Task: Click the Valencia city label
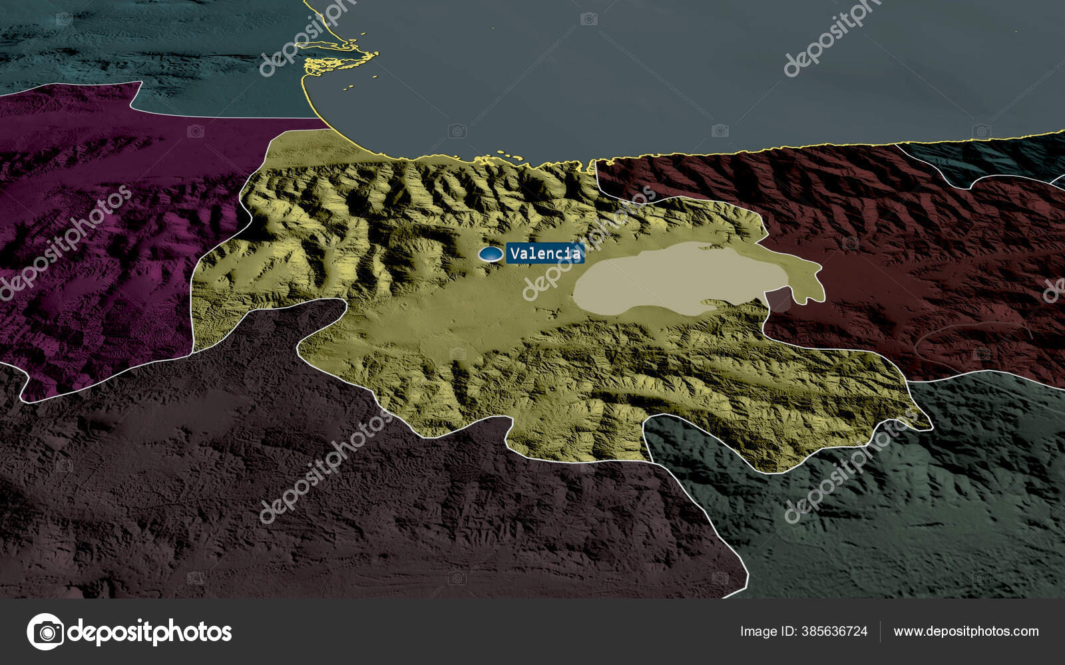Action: tap(544, 253)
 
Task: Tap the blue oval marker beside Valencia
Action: tap(491, 254)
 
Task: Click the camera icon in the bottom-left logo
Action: tap(45, 631)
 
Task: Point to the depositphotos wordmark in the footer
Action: tap(150, 632)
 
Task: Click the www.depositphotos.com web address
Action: tap(966, 631)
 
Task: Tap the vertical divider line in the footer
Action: tap(880, 631)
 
